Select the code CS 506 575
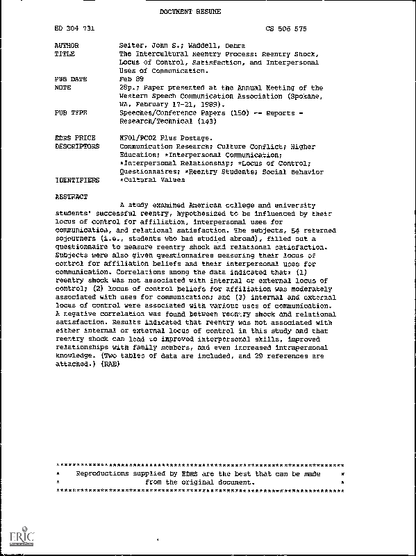(286, 28)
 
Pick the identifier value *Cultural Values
(152, 180)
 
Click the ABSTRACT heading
(71, 196)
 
